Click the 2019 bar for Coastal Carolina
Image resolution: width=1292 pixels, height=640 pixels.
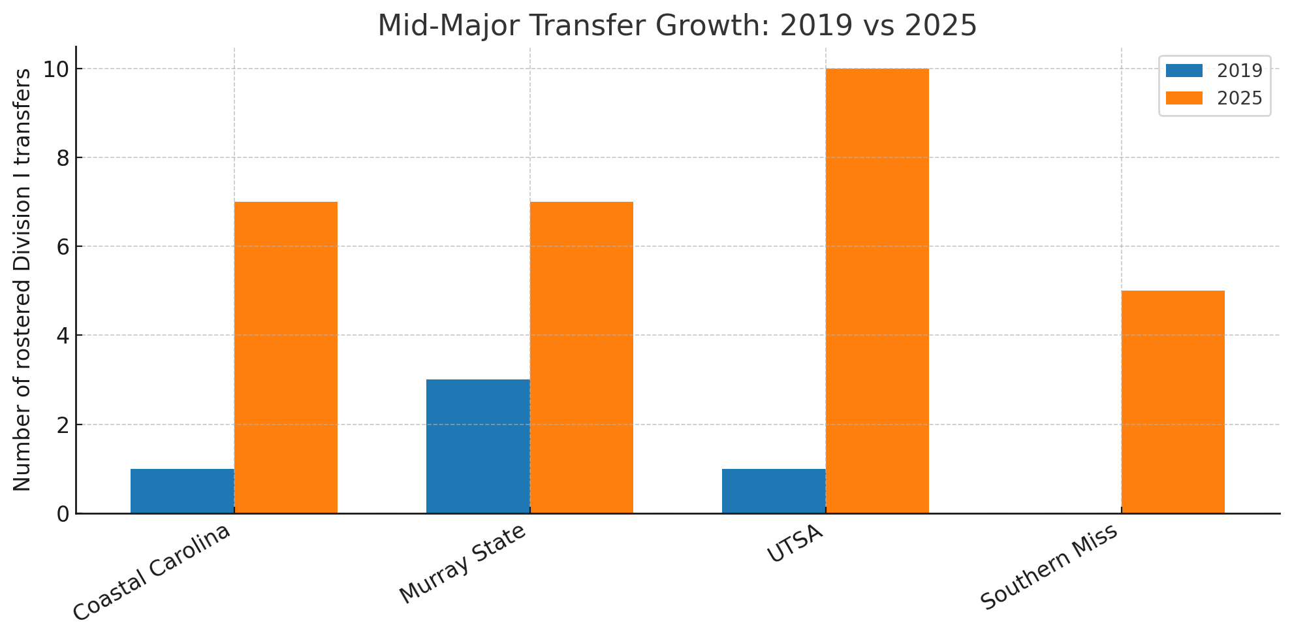click(182, 491)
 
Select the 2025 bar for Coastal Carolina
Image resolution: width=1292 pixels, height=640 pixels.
click(286, 358)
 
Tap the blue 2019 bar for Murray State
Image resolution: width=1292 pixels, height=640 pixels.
click(478, 447)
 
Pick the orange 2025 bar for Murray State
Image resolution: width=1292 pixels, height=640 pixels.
click(582, 358)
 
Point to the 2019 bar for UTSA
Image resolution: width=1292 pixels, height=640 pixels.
click(774, 491)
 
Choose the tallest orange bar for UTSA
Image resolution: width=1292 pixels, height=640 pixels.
click(877, 291)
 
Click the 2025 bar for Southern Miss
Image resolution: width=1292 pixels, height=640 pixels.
click(1173, 402)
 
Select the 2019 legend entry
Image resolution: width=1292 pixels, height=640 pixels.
click(1214, 71)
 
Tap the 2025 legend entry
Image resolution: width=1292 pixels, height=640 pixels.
click(1214, 99)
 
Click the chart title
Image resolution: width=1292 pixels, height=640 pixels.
click(677, 25)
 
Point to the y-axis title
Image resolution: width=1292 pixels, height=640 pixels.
click(22, 280)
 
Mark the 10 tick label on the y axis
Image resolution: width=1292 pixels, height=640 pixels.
click(57, 69)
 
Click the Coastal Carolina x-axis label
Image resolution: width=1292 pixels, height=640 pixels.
click(151, 572)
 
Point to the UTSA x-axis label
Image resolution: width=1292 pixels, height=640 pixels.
click(795, 543)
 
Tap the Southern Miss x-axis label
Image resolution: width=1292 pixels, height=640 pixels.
click(1049, 567)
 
